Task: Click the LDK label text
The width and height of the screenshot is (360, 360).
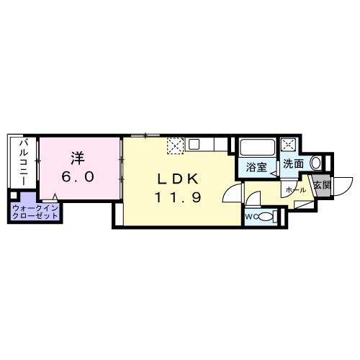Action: [178, 179]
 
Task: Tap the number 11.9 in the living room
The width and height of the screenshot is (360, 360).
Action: [178, 198]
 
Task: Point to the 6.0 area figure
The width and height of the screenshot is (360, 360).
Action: [78, 177]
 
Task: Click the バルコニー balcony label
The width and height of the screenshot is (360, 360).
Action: [24, 163]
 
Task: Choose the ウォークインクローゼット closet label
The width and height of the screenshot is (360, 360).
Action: [35, 212]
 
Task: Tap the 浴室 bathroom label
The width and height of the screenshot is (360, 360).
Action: [256, 167]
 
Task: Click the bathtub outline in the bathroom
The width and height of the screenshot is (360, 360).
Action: [257, 147]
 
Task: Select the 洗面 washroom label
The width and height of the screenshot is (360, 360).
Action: [293, 163]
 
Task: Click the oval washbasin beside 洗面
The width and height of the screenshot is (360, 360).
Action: [316, 163]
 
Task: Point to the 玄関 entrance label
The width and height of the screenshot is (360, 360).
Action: [322, 185]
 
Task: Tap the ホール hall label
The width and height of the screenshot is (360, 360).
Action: [296, 190]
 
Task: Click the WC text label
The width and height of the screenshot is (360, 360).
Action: [251, 217]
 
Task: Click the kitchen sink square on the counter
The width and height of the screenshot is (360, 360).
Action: [194, 144]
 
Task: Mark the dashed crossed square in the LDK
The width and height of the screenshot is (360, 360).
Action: [176, 146]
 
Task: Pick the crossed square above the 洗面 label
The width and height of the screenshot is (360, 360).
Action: [287, 145]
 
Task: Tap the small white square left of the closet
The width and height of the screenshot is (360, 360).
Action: [14, 195]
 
